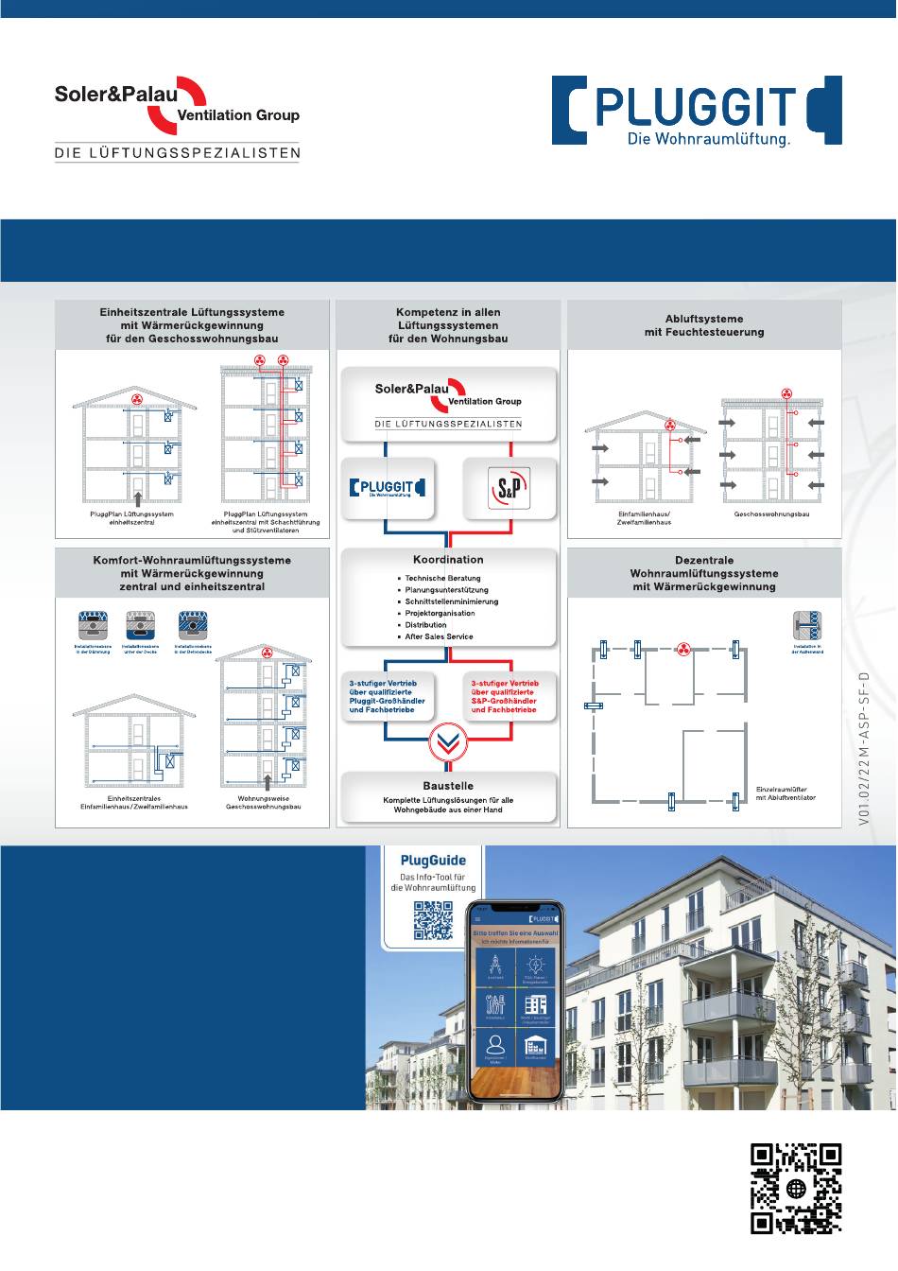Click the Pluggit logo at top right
pos(697,110)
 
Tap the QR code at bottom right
pos(796,1189)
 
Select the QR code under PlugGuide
pos(433,920)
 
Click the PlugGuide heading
pos(433,861)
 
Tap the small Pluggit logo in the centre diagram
pos(388,488)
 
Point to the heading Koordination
pos(448,560)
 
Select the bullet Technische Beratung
pos(442,578)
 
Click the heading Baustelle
pos(448,786)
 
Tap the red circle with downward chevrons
pos(448,742)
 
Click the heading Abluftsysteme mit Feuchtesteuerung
pos(704,325)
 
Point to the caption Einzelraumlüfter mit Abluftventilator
pos(786,793)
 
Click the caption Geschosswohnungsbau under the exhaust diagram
pos(771,514)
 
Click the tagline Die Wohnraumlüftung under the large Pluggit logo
pos(709,140)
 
